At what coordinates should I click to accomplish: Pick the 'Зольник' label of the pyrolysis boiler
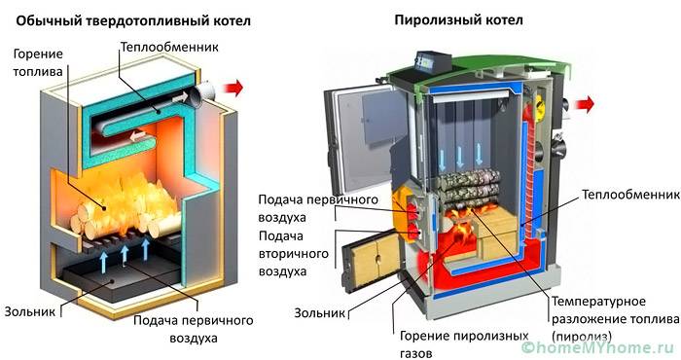coord(317,314)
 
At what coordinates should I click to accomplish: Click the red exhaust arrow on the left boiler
coord(231,90)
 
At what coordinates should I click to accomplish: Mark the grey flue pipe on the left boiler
coord(198,92)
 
